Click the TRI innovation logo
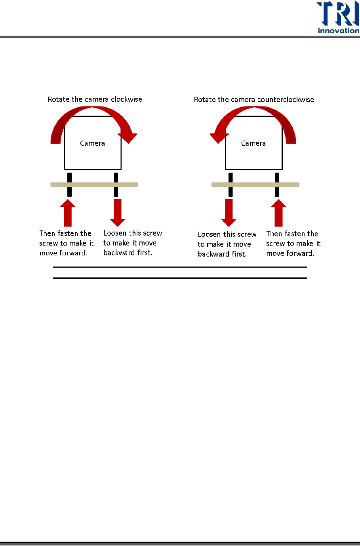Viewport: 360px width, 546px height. tap(338, 18)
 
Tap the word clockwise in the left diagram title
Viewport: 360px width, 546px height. tap(126, 99)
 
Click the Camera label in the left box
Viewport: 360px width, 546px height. tap(92, 143)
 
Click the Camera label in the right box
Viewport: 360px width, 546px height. tap(253, 143)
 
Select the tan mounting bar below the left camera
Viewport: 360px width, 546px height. tap(94, 185)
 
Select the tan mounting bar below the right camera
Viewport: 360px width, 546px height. tap(255, 185)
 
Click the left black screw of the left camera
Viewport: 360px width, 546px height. tap(69, 185)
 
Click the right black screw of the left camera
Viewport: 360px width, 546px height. tap(116, 185)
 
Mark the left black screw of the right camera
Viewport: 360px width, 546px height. tap(230, 185)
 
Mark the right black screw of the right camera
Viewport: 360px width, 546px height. tap(277, 185)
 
